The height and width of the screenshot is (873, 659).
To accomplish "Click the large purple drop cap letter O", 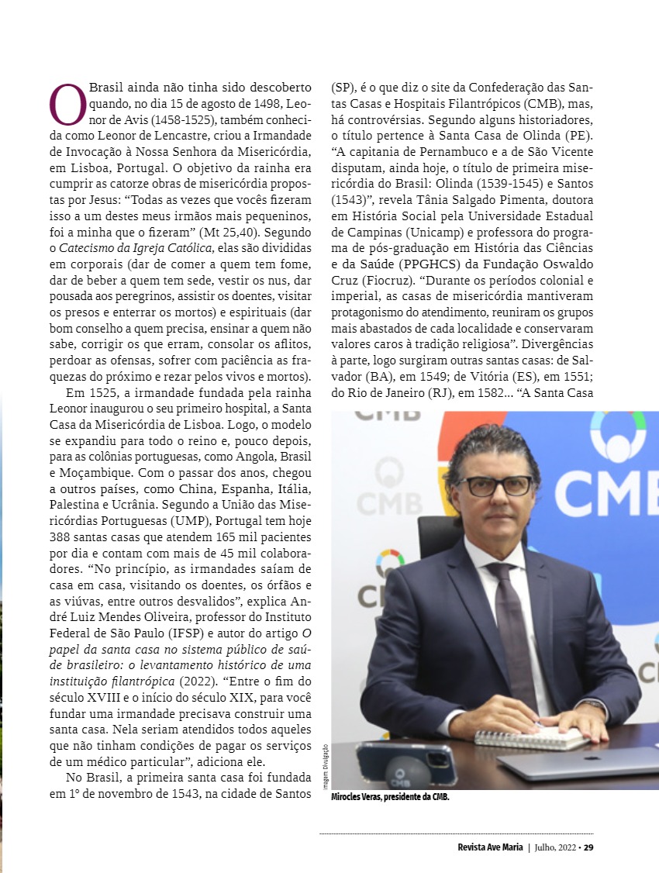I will pos(67,104).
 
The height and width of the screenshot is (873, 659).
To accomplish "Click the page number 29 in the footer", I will pos(588,847).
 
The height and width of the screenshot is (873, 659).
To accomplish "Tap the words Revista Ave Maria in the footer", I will pos(490,847).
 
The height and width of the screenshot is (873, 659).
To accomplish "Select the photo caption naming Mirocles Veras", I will pos(390,796).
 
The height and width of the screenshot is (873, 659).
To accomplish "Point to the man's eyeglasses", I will pos(494,486).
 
